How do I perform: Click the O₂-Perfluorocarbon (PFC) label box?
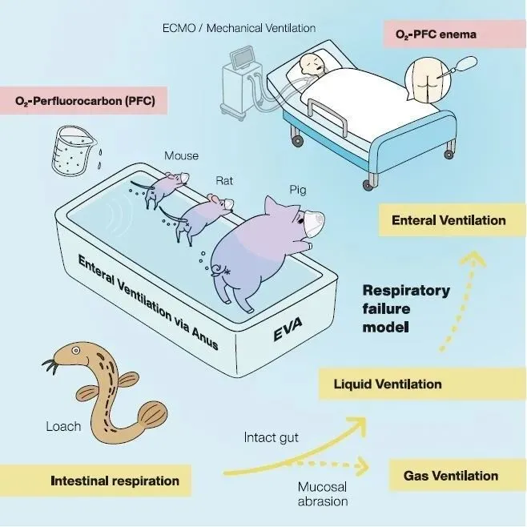click(x=85, y=102)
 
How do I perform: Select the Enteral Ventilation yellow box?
click(x=449, y=219)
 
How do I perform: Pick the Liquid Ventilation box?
click(x=388, y=384)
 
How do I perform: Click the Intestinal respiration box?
click(x=115, y=481)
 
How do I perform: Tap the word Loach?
click(x=63, y=426)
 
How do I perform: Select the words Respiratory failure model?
click(x=406, y=308)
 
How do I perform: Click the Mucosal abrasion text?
click(x=323, y=494)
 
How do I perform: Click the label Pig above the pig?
click(x=298, y=190)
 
